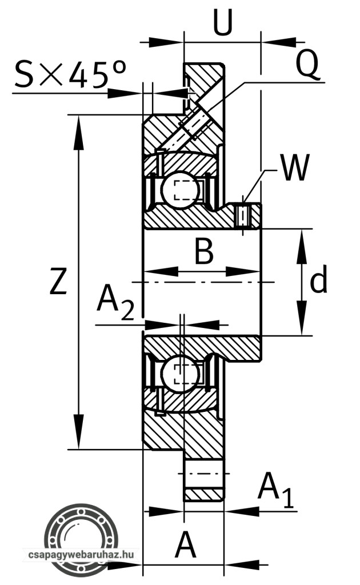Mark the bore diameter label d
[318, 281]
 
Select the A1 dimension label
[275, 491]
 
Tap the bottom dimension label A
[185, 546]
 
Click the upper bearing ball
[179, 189]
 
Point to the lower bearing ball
[179, 375]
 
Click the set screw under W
[244, 215]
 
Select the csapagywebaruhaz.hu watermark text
[81, 554]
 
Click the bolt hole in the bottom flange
[203, 474]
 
